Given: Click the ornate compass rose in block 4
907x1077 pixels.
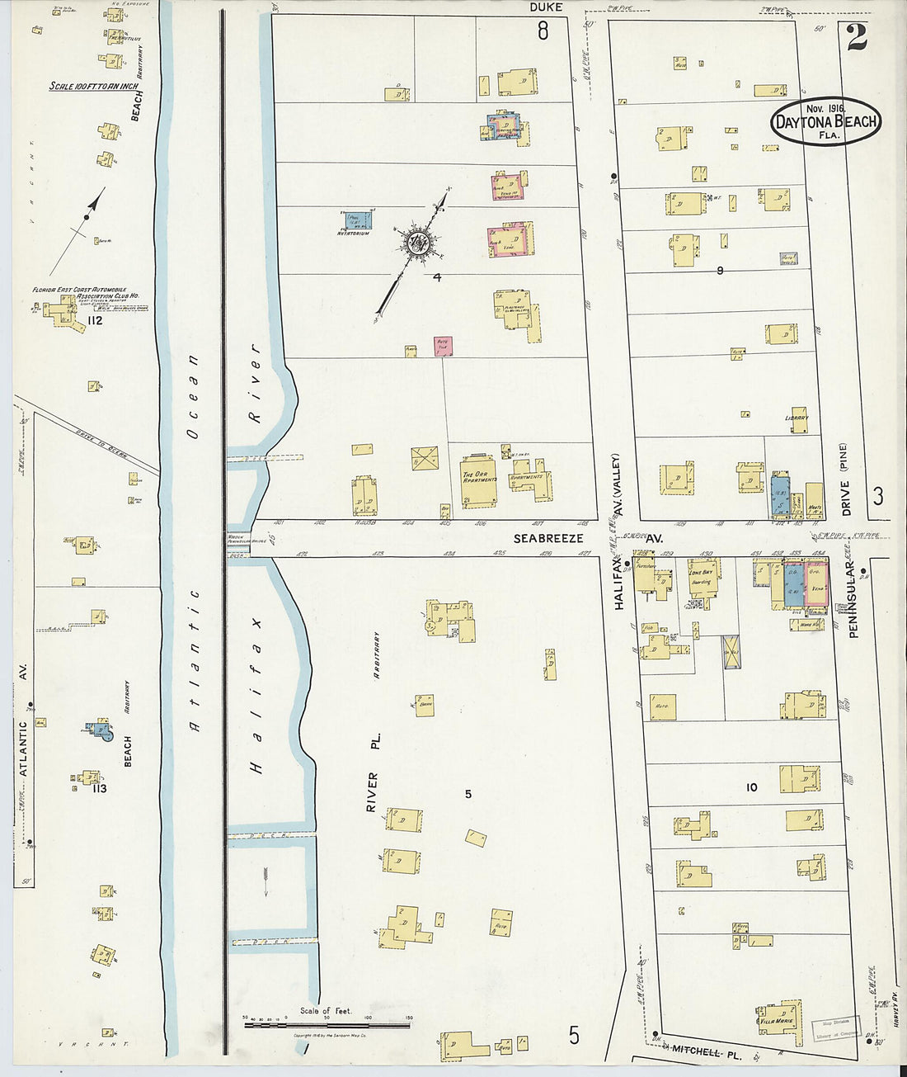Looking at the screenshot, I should point(416,245).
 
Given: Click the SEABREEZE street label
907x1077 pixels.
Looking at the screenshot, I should point(548,538).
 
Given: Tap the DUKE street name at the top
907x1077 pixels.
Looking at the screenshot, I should point(546,7).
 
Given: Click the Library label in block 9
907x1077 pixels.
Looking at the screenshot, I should point(797,418).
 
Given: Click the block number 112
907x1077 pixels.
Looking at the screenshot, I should point(94,320).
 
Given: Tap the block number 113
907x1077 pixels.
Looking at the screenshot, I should point(99,788).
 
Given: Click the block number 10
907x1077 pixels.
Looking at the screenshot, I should point(751,787).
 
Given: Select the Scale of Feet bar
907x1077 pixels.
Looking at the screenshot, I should point(327,1023).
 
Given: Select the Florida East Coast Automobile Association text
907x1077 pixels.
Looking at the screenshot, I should point(85,293).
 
